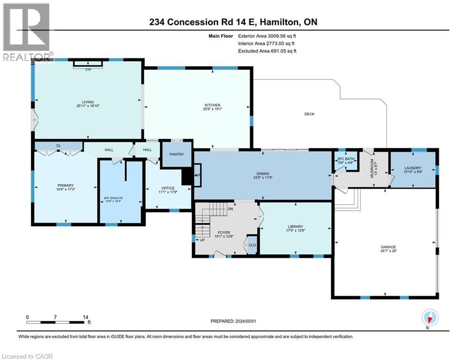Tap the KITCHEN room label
coord(212,105)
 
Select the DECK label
coord(309,114)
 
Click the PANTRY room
coord(177,154)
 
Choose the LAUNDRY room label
coord(413,169)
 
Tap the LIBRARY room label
coord(296,227)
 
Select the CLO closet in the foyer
coord(252,245)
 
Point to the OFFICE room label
coord(168,188)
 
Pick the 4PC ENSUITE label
coord(113,198)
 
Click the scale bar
coord(57,322)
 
